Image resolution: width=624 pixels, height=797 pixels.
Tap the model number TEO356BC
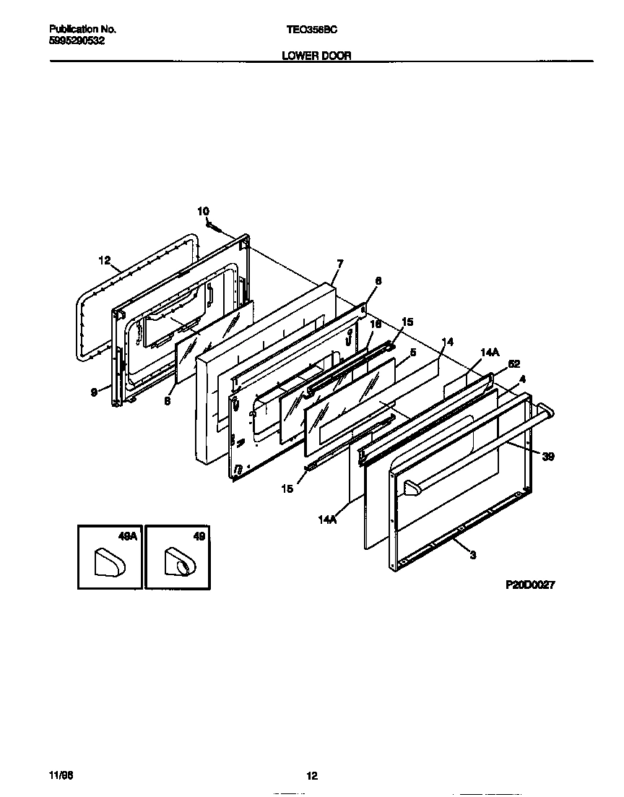[x=311, y=30]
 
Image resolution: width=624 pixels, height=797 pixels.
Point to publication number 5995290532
[x=77, y=41]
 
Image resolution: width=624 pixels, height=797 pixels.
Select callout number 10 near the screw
[x=203, y=211]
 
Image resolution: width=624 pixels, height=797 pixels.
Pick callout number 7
[x=339, y=264]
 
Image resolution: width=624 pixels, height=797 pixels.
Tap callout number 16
[x=375, y=326]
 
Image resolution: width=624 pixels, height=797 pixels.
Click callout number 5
[x=412, y=352]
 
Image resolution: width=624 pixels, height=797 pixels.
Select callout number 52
[x=514, y=364]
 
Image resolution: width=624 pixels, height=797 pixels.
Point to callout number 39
[x=548, y=456]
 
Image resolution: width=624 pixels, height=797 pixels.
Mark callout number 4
[x=522, y=379]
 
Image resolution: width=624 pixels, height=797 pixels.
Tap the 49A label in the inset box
[x=127, y=536]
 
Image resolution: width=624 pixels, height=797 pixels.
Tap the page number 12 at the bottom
[x=311, y=776]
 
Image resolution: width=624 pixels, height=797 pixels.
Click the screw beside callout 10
[x=213, y=226]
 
